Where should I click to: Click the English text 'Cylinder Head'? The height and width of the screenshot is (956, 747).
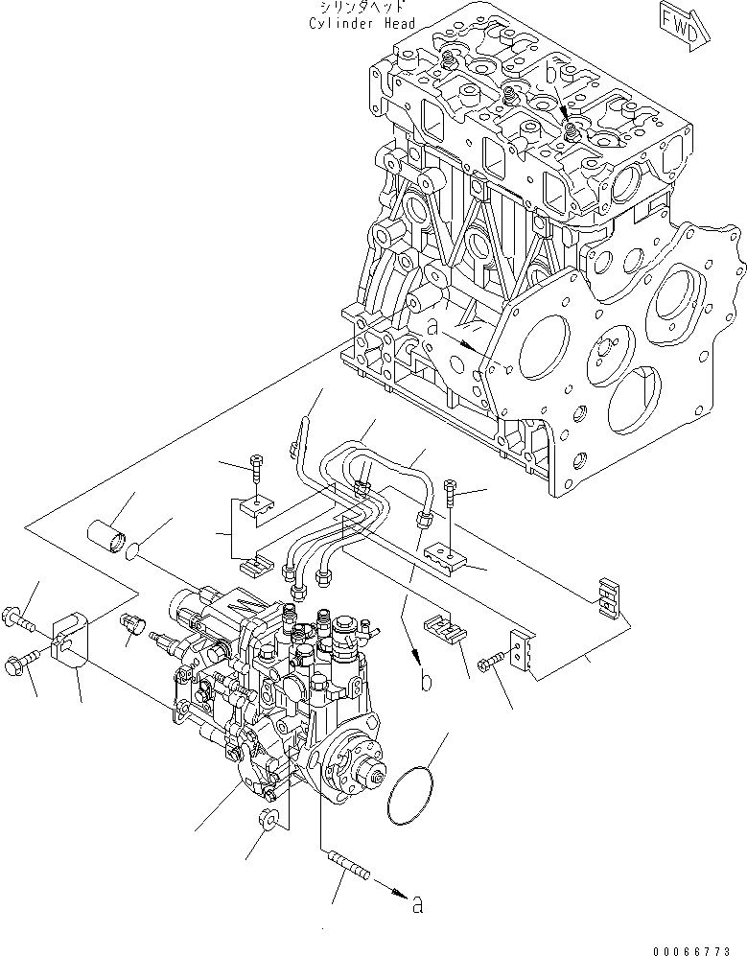pos(362,23)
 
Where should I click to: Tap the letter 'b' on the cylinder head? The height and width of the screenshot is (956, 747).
pos(551,72)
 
